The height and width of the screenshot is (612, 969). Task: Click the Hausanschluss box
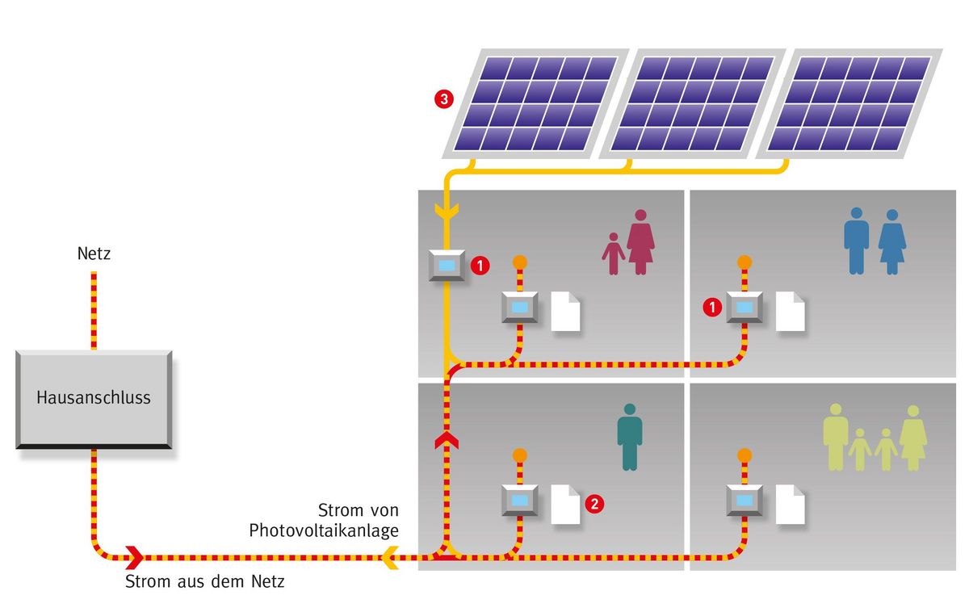coord(93,398)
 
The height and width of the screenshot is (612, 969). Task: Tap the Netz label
coord(94,254)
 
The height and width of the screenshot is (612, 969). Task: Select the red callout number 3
coord(443,99)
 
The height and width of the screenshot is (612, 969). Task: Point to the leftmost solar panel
coord(534,103)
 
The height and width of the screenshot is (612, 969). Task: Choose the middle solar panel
coord(692,103)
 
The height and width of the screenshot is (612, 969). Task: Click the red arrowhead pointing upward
coord(445,440)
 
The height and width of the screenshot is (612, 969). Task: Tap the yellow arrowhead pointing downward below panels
coord(445,212)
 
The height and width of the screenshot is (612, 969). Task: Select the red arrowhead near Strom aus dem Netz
coord(134,556)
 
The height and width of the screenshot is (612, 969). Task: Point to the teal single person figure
coord(630,437)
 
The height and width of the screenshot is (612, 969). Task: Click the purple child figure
coord(614,253)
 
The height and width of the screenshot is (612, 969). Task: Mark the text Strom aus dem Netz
coord(205,582)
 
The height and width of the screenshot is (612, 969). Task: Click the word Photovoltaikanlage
coord(324,530)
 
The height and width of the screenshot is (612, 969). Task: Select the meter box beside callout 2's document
coord(519,501)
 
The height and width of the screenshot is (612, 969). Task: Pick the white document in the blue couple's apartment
coord(791,311)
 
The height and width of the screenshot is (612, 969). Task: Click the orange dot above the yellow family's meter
coord(744,455)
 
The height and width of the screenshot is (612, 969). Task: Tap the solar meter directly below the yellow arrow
coord(446,265)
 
